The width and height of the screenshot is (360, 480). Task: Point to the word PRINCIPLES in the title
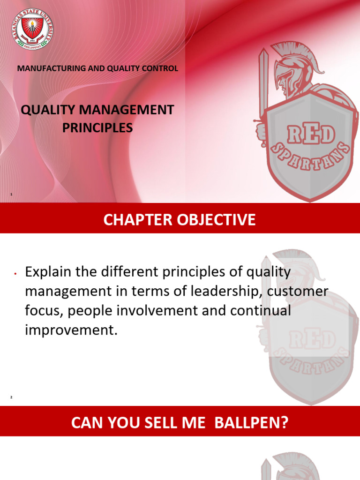pyautogui.click(x=97, y=127)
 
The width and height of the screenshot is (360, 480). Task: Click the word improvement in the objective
pyautogui.click(x=69, y=330)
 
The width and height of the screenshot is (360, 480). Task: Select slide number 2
pyautogui.click(x=11, y=397)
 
